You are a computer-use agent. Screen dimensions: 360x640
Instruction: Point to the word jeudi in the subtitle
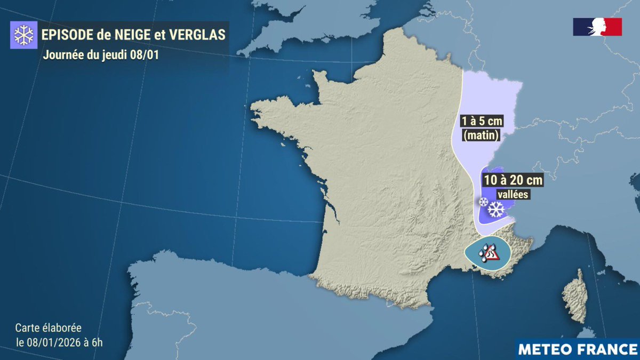(113, 55)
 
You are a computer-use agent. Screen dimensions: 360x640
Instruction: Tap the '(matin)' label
(481, 136)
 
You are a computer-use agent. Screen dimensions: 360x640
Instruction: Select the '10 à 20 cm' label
(512, 181)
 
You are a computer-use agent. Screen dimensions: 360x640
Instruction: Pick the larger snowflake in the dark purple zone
(497, 210)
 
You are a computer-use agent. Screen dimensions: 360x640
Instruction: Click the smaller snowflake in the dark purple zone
(483, 202)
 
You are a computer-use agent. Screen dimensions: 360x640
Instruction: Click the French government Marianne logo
(597, 27)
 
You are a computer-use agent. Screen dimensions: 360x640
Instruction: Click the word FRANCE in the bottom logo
(608, 349)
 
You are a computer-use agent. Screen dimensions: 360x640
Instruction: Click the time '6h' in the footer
(96, 342)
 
